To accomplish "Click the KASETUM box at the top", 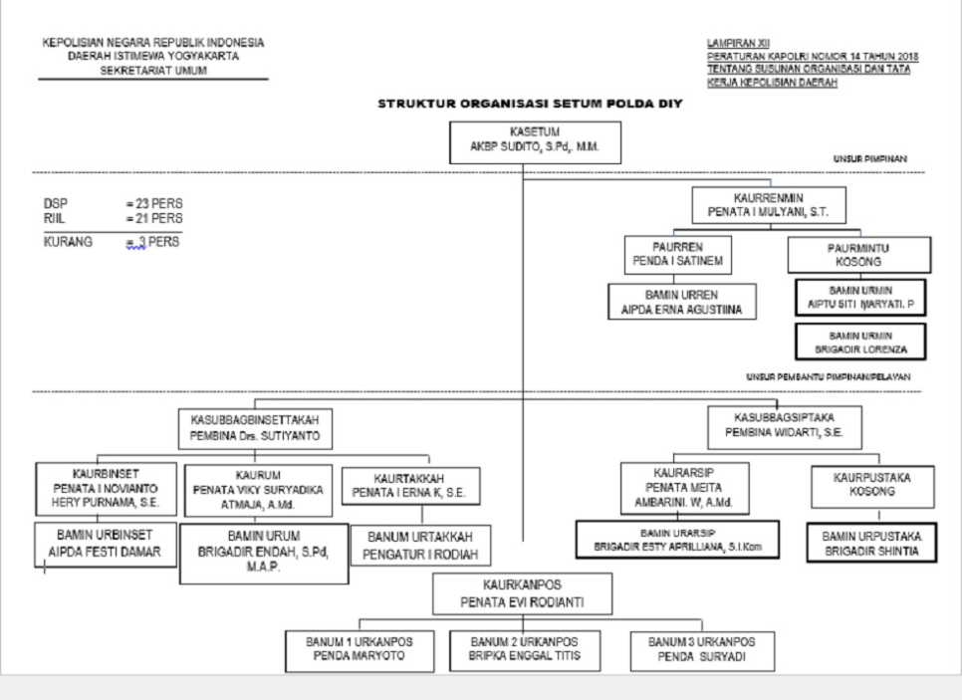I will pos(535,142).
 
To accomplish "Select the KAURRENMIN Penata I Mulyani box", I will pos(768,206).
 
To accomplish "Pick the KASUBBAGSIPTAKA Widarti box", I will pos(783,428).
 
